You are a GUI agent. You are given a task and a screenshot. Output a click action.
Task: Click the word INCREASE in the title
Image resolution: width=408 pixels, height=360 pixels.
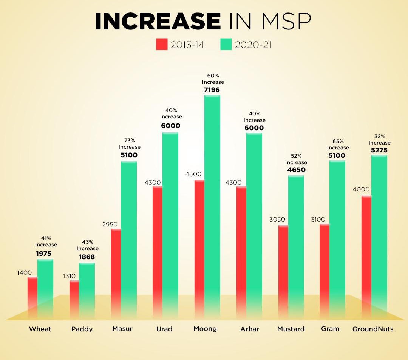pos(158,22)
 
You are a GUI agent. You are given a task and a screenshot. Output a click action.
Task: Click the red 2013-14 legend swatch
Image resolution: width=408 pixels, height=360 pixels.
pos(161,45)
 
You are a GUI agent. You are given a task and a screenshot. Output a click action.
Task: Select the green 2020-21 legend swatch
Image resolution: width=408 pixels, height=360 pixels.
pos(226,45)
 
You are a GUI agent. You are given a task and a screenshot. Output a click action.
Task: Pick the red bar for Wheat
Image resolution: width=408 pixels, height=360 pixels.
pos(32,296)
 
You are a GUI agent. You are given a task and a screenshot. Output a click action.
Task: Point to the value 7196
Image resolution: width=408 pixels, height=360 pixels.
pos(212,90)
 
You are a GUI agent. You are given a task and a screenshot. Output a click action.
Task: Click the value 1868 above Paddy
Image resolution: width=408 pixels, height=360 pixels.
pos(87,257)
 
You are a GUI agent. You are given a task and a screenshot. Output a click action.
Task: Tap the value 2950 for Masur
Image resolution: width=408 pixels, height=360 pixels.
pos(110,225)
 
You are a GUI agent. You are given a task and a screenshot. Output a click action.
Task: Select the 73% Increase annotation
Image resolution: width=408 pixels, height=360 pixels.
pos(129,144)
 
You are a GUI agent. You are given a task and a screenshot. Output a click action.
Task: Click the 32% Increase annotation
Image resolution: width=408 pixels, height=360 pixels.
pos(379,140)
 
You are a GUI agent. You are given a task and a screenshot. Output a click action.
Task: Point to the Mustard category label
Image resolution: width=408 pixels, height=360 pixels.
pos(291,329)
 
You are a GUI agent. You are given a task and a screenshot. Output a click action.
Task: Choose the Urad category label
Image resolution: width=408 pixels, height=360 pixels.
pos(164,329)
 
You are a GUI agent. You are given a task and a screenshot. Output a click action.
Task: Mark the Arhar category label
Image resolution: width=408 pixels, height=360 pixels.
pos(250,329)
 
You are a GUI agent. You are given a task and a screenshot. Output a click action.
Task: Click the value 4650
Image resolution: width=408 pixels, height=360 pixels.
pos(296,170)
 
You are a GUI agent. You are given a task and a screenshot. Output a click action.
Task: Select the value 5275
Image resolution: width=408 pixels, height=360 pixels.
pos(379,150)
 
